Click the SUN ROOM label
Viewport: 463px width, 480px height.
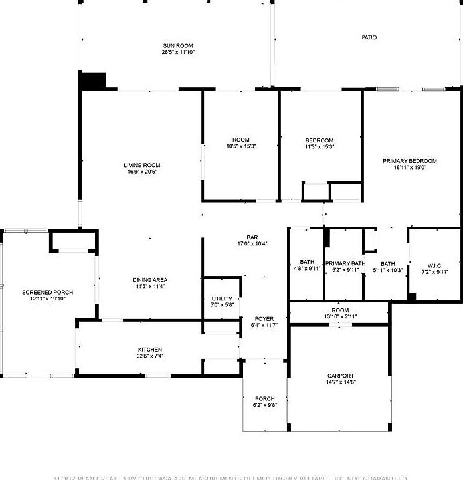[178, 45]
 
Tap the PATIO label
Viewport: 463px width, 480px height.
[369, 37]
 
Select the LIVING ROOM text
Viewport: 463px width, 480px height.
[141, 166]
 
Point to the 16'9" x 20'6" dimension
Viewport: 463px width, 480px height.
[141, 172]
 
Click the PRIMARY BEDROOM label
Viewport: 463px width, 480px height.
[409, 161]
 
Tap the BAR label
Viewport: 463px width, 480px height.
[252, 237]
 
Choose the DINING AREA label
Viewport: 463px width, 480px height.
[150, 280]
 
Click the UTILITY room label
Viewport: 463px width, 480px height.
[221, 299]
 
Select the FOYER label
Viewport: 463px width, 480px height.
[264, 319]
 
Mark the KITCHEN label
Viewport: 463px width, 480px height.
[149, 350]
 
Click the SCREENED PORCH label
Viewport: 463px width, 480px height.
[47, 293]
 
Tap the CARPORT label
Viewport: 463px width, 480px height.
[340, 376]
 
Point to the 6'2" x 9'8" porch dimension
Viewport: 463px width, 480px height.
[264, 405]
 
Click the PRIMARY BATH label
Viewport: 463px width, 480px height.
[345, 264]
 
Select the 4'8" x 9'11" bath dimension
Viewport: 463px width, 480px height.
[307, 269]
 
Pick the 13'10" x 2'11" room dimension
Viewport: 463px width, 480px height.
[340, 316]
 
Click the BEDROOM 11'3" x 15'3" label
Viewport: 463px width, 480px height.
[319, 140]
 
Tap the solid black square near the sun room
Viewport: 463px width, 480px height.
[92, 80]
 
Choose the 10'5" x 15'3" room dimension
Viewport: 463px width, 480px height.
[241, 146]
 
